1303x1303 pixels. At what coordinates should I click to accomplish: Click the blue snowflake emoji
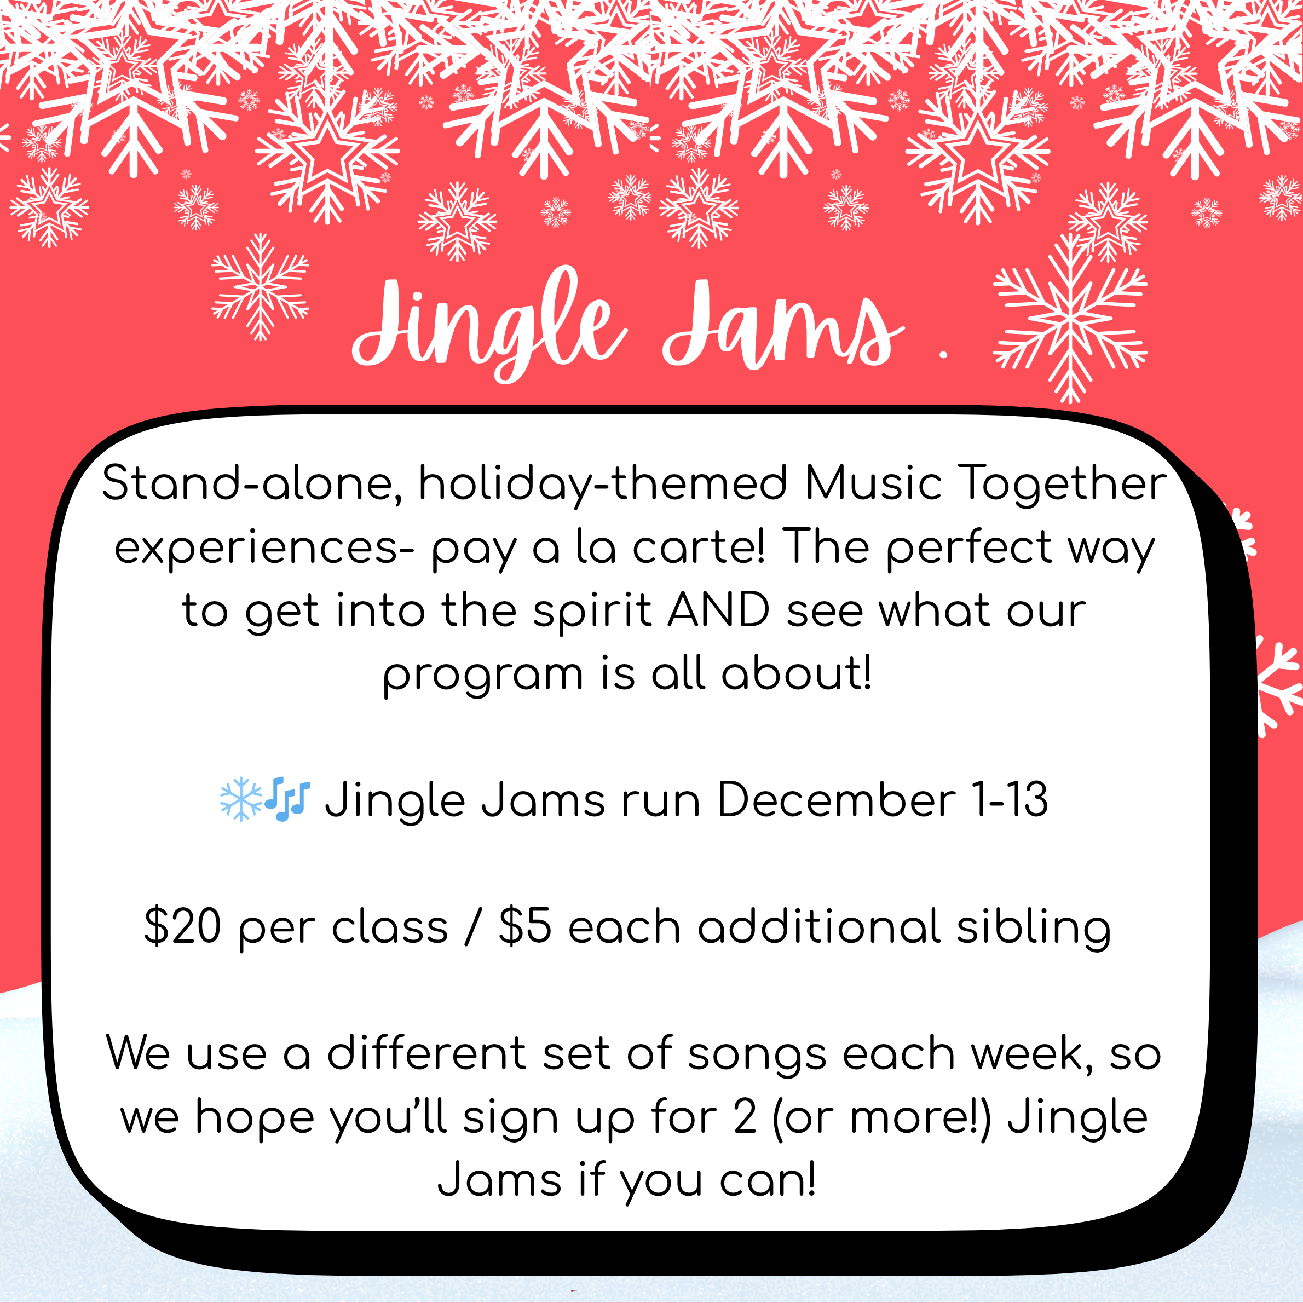point(241,800)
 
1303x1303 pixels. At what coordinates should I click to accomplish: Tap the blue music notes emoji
point(287,800)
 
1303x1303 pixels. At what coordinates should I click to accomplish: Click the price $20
point(183,926)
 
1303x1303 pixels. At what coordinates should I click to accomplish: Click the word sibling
point(1033,928)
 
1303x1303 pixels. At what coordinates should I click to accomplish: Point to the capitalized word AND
point(719,611)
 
